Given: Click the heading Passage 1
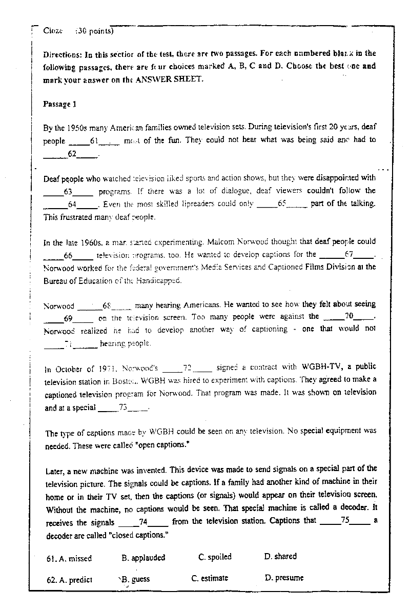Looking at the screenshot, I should (59, 104).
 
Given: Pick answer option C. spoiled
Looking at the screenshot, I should (215, 557).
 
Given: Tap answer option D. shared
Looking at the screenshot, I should (280, 556).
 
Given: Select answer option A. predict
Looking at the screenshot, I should (69, 580).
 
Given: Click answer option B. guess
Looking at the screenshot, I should (136, 579).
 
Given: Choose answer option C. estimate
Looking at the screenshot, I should (210, 578).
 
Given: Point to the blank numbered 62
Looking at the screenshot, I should (71, 154).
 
